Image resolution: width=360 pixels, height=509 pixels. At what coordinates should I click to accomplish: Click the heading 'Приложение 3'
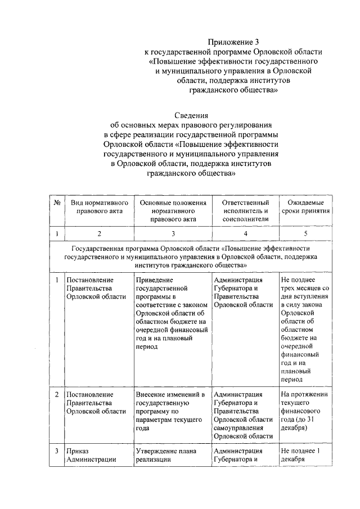tap(231, 42)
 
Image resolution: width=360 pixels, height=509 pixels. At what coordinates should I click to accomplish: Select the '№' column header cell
tap(57, 203)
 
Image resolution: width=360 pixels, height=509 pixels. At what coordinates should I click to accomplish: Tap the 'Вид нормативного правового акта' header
tap(99, 208)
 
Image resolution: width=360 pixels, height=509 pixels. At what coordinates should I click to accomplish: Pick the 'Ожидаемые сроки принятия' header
tap(306, 208)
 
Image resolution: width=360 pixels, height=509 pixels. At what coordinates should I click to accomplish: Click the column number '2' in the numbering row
tap(99, 233)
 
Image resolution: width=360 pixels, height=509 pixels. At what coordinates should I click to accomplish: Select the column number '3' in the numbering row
tap(173, 233)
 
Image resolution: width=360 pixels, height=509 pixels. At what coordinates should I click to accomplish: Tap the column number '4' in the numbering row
tap(246, 233)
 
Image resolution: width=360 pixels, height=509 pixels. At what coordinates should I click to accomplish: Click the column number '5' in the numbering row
tap(306, 233)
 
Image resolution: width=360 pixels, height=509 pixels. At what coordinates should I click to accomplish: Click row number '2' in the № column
tap(57, 394)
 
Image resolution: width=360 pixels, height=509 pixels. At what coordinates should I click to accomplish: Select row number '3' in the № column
tap(57, 451)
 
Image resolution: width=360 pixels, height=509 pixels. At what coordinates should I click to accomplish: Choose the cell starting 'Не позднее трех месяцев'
tap(306, 330)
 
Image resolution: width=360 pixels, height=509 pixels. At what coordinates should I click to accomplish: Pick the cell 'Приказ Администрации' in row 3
tap(90, 455)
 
